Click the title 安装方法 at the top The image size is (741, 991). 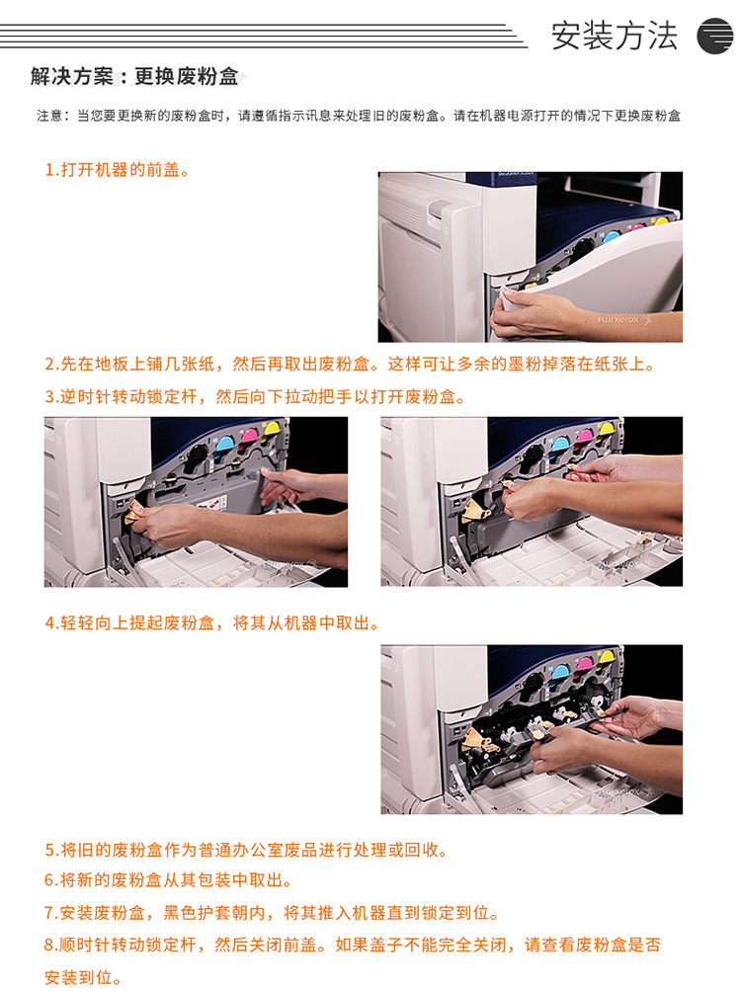coord(614,36)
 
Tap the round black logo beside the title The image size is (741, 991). coord(715,36)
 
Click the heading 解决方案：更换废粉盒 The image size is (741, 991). coord(134,76)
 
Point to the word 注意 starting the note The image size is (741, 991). coord(49,116)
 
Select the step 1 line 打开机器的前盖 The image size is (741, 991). coord(117,170)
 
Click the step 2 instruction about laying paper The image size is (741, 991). coord(350,364)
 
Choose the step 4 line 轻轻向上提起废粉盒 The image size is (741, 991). coord(211,623)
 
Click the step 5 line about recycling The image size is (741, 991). coord(246,850)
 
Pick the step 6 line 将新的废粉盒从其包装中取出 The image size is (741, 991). coord(168,880)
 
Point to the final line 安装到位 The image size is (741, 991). coord(82,977)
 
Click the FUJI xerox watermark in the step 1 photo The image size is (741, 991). coord(622,320)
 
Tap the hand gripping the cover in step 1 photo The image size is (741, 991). coord(528,313)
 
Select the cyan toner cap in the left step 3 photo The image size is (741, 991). coord(225,442)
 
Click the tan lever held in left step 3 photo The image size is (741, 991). coord(134,511)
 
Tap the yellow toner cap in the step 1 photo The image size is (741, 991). coord(660,222)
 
